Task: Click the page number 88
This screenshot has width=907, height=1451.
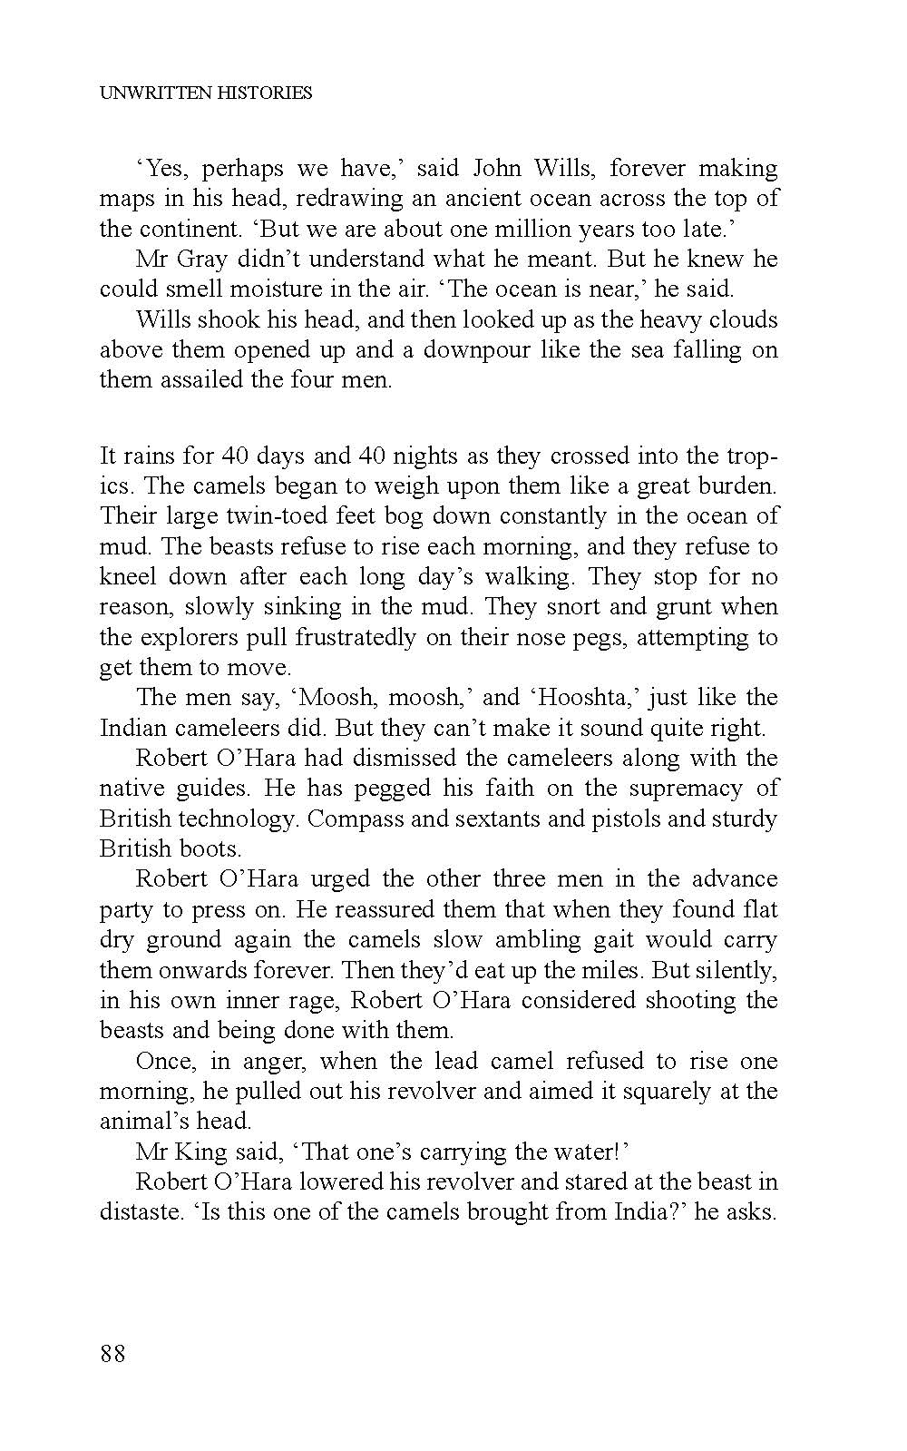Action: coord(112,1354)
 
